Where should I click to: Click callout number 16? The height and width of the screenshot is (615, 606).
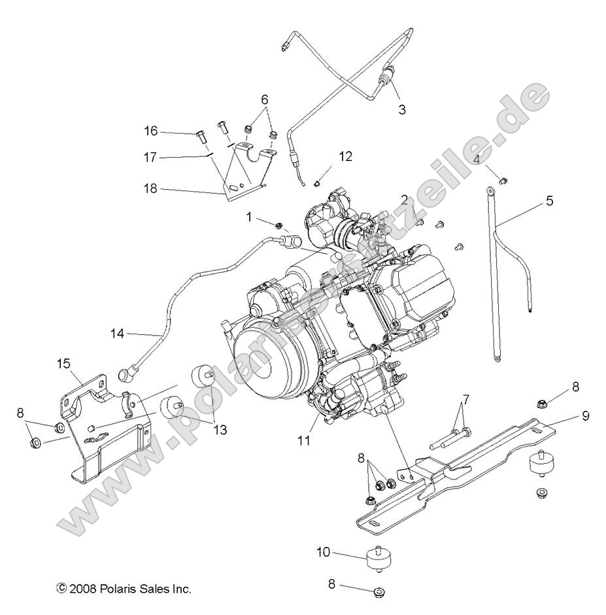[x=151, y=131]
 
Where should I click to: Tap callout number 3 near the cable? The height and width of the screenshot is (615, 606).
[x=402, y=110]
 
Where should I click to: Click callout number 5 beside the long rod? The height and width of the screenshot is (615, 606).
[x=550, y=201]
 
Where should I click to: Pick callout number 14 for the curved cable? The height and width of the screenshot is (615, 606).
[x=117, y=334]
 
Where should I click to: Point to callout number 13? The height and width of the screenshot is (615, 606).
[x=220, y=430]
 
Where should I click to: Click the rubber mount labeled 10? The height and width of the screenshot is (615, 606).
[x=376, y=560]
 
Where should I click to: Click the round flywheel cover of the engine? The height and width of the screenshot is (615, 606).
[x=268, y=360]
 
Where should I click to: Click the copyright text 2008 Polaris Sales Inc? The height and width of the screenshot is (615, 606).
[x=124, y=589]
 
